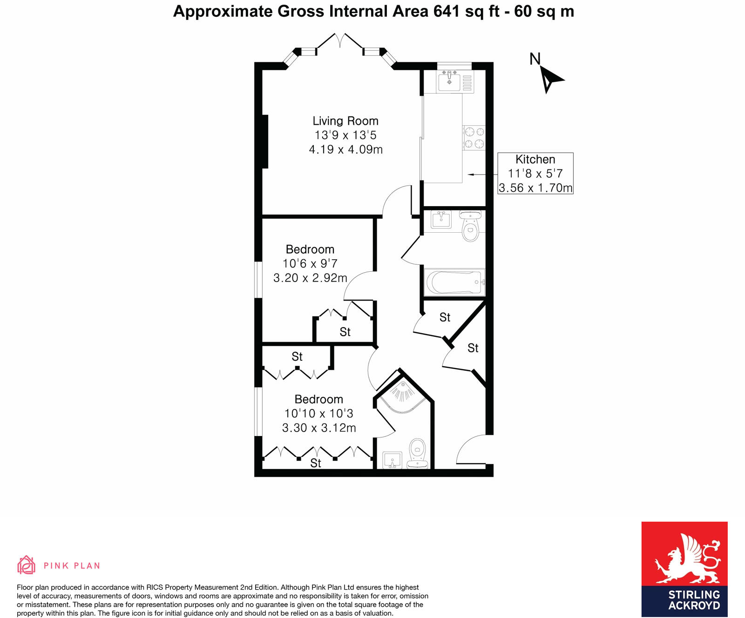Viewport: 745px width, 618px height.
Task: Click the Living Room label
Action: pos(345,121)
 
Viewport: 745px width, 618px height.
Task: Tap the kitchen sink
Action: pos(449,82)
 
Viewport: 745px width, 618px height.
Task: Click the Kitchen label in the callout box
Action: pos(535,160)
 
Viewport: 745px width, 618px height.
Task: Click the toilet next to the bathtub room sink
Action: pos(470,227)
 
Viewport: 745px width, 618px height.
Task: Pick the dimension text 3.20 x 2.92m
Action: pos(310,278)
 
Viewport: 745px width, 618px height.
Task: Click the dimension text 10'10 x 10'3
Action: pos(319,413)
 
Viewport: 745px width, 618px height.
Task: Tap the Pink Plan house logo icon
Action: pos(26,565)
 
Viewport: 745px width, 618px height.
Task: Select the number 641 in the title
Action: pos(447,11)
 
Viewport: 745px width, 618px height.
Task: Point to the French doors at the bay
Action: pos(340,41)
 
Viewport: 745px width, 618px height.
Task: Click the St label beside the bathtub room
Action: pos(445,317)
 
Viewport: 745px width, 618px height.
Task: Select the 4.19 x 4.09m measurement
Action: pos(345,150)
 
